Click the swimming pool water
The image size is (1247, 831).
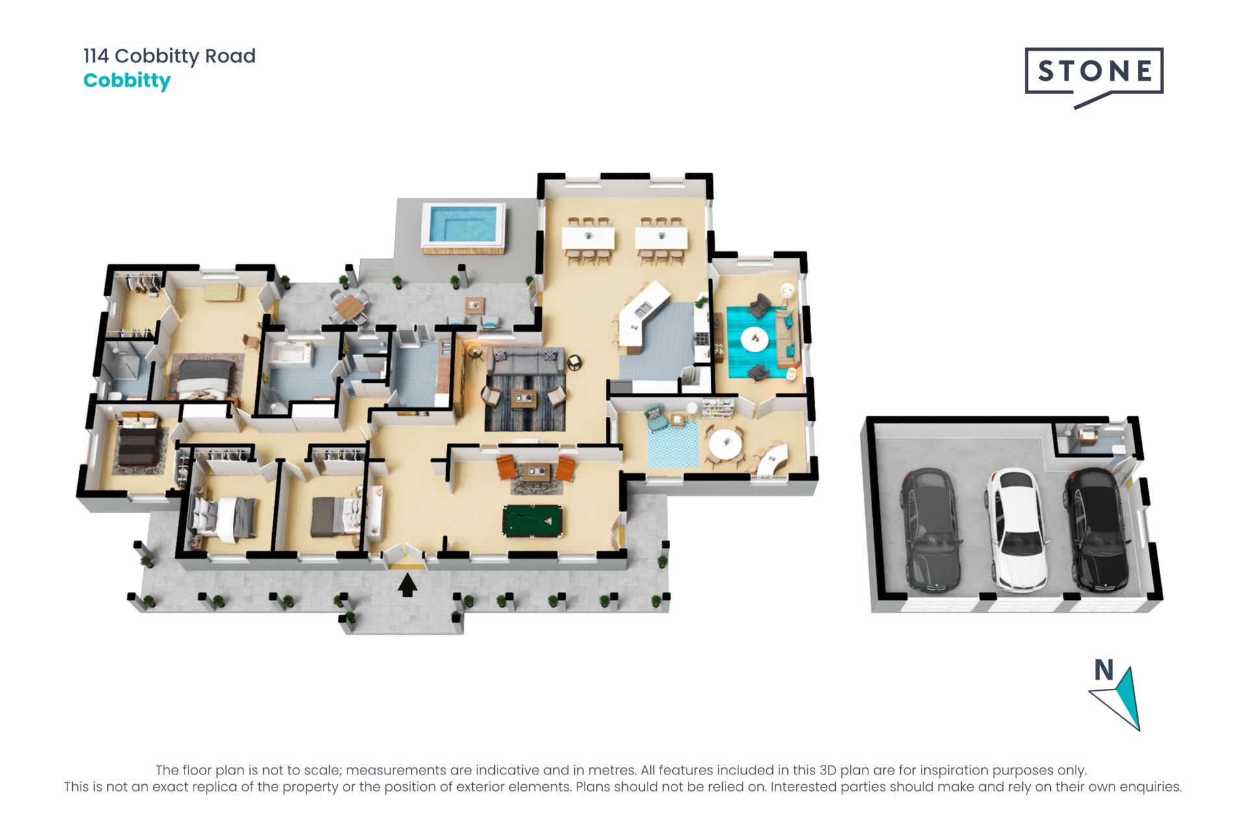pos(464,224)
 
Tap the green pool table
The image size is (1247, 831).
pos(533,521)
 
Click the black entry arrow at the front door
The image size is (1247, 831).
pos(407,585)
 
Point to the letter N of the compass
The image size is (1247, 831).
pos(1103,669)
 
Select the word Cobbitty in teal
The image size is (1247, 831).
pos(127,81)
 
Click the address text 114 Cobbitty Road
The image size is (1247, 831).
pos(170,56)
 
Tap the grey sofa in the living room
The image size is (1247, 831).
pos(525,362)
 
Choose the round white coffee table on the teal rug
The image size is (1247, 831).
pos(753,339)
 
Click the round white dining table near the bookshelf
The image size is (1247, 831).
pos(725,443)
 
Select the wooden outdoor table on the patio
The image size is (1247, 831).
pos(349,306)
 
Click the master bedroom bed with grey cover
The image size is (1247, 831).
pos(203,380)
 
